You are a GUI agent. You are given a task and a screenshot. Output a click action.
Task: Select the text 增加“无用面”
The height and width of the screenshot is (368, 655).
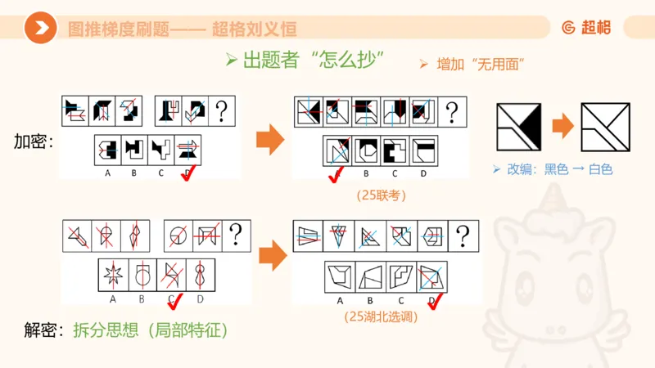tap(471, 64)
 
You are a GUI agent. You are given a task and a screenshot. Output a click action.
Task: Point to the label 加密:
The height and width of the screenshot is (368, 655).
tap(34, 141)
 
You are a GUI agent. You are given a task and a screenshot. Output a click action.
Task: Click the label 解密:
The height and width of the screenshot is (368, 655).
tap(43, 330)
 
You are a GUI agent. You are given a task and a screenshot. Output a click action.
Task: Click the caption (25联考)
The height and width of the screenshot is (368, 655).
tap(382, 195)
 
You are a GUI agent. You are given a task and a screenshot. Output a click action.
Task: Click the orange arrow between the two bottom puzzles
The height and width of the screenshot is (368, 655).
tap(271, 258)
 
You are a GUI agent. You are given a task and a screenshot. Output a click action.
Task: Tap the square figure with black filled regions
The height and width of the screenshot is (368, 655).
tap(519, 128)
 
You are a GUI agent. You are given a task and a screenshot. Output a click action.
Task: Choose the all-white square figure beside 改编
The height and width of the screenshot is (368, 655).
tap(605, 128)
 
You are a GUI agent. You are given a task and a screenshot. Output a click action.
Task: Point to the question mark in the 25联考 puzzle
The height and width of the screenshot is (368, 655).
tap(451, 111)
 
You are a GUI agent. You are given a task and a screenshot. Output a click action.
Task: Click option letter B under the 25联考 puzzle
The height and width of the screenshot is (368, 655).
tap(365, 173)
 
